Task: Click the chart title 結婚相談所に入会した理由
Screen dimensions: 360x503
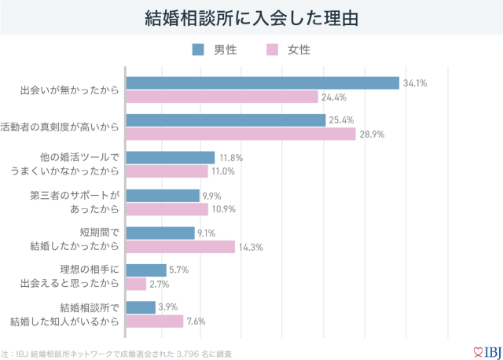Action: point(251,17)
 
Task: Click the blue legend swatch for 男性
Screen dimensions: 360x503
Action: point(198,50)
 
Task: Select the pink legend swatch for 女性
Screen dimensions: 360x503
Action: point(273,50)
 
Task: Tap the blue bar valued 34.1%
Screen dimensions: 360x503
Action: point(263,83)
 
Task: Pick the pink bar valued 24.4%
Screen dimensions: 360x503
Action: point(222,97)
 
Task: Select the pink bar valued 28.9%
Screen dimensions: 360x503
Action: point(241,134)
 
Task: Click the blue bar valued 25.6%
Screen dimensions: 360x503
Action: point(226,120)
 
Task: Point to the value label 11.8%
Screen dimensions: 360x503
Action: point(231,158)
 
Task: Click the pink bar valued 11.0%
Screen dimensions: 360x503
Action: point(167,171)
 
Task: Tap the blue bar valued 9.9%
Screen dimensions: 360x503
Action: point(163,196)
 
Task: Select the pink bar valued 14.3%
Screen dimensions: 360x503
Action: point(181,247)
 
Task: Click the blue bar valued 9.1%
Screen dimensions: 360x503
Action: point(161,233)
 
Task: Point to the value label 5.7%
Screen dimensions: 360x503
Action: point(178,270)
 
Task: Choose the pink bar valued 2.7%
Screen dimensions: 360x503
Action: point(137,284)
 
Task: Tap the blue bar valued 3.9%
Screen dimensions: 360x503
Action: point(141,307)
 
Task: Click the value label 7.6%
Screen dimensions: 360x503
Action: point(196,321)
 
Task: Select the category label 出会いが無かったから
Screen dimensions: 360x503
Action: point(69,90)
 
